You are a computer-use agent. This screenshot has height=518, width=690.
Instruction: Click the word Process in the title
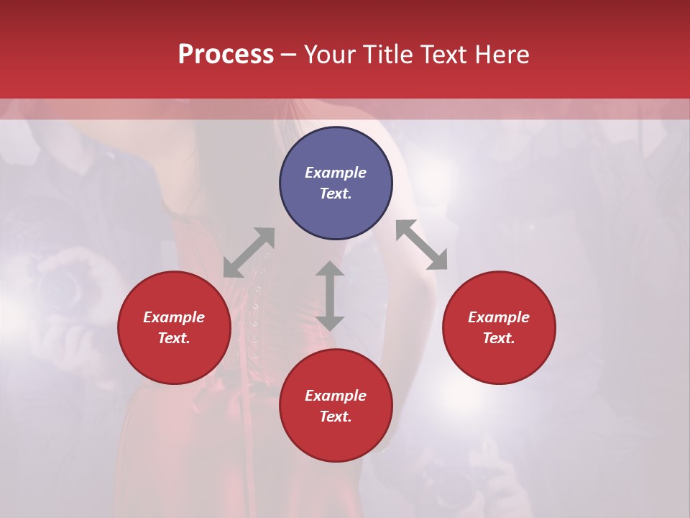(226, 55)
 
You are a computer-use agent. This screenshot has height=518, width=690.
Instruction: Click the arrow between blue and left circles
(249, 253)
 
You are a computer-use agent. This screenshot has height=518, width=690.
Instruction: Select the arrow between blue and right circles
(421, 245)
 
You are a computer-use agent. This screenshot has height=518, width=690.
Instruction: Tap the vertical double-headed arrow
(330, 296)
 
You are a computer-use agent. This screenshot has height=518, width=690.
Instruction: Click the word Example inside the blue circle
(336, 173)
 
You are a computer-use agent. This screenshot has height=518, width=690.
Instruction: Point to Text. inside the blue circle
(336, 194)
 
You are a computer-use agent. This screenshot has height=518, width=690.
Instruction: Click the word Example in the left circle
(174, 317)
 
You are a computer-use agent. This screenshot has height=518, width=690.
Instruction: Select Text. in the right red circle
(499, 338)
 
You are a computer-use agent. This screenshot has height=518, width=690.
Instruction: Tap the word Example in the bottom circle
(336, 396)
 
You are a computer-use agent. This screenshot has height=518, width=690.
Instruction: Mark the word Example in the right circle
(499, 317)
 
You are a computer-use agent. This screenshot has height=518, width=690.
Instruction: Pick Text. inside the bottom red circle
(336, 417)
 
